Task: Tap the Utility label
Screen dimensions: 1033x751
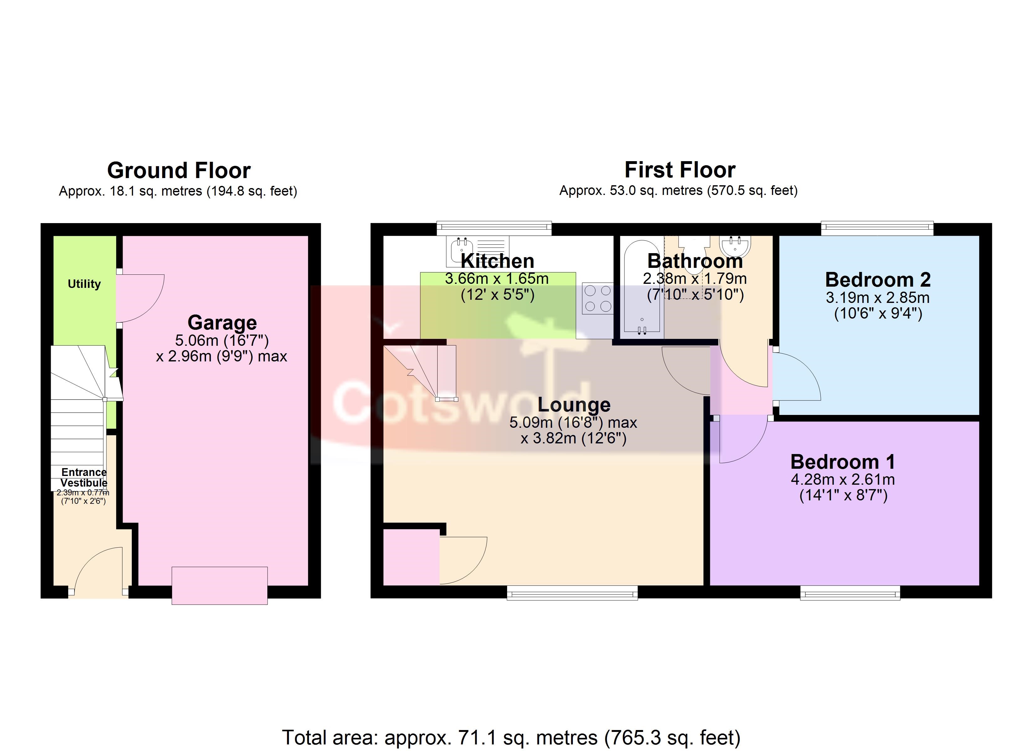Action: [84, 284]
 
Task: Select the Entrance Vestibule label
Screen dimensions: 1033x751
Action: [84, 477]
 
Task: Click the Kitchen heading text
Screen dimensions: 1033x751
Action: [497, 261]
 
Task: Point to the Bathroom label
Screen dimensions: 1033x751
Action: [695, 261]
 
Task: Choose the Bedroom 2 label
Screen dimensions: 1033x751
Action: [878, 280]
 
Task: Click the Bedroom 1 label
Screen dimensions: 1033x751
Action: [843, 462]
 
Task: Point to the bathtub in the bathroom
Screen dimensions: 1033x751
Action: [642, 289]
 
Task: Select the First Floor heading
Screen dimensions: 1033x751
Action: [680, 170]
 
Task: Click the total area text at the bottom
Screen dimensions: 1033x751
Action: [511, 737]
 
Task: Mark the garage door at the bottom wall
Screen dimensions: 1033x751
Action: [219, 586]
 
